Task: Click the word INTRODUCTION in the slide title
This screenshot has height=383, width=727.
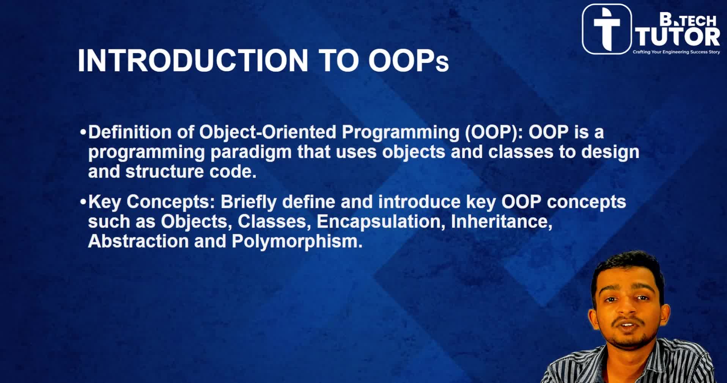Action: point(193,60)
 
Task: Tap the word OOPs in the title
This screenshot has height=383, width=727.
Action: point(409,60)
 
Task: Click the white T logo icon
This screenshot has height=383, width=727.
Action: point(607,29)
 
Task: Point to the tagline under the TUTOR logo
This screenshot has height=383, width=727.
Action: point(676,52)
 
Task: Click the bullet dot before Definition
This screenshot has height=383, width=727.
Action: point(83,133)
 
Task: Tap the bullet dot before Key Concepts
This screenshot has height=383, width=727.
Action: point(83,202)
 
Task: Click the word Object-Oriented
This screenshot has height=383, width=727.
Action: point(268,132)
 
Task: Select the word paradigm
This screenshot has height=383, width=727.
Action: point(251,152)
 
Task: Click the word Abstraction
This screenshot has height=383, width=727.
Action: point(138,241)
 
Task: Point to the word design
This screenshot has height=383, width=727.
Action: point(611,152)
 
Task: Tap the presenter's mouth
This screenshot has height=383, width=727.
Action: point(628,325)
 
